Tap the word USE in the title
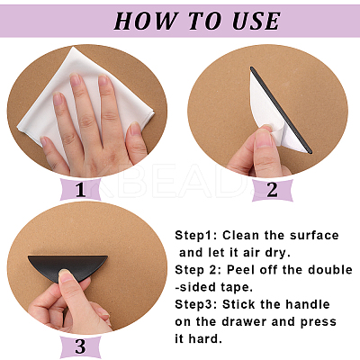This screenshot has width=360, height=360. tap(256, 21)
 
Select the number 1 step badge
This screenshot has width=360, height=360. tap(80, 189)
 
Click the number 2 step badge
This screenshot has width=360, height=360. tap(272, 190)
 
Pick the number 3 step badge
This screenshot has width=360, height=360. tap(80, 346)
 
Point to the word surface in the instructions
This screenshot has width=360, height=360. tap(314, 236)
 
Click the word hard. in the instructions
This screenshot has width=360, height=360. tap(205, 339)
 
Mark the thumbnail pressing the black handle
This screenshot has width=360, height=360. tap(64, 275)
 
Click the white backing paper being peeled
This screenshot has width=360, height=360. tap(273, 111)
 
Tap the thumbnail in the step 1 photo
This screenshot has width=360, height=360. tap(135, 129)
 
